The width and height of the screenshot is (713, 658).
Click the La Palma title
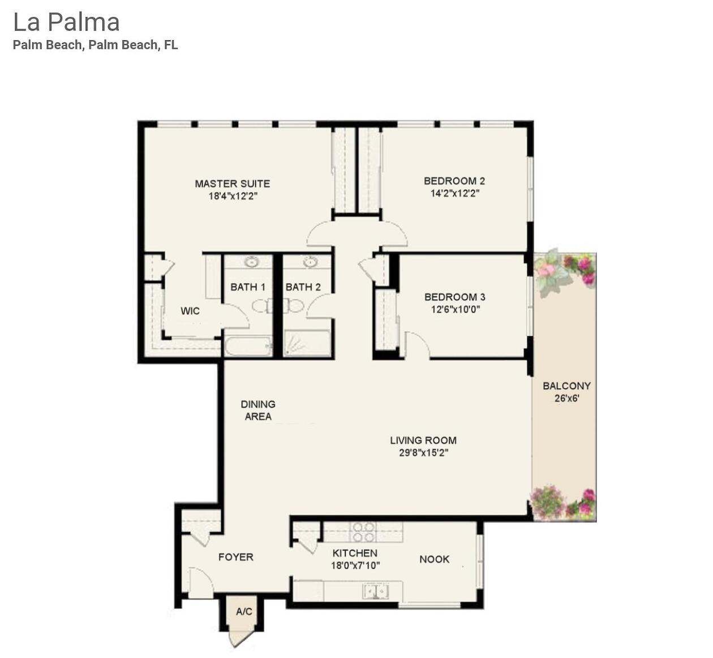click(x=66, y=23)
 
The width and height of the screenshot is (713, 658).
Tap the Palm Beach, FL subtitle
click(x=95, y=45)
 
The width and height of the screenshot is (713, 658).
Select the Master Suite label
click(x=232, y=184)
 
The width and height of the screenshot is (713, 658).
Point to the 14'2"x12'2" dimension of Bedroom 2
click(x=454, y=193)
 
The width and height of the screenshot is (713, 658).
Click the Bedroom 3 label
click(x=454, y=297)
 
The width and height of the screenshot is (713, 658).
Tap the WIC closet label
click(x=190, y=311)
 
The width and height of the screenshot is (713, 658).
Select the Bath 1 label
click(x=248, y=287)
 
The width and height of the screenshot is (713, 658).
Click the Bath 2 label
click(x=303, y=287)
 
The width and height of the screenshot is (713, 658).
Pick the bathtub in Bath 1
click(x=248, y=345)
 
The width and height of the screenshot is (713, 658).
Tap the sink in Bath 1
click(x=251, y=262)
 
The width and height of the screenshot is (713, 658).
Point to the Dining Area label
click(x=258, y=410)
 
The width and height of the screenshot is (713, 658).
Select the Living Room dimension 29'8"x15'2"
click(x=423, y=453)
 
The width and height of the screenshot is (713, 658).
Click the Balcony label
click(x=566, y=386)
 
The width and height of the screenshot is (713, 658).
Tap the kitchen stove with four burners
click(x=363, y=532)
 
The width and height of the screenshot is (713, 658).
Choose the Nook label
click(x=434, y=560)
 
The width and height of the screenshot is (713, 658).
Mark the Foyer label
click(x=236, y=557)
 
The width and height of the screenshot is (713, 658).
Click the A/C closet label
click(x=244, y=612)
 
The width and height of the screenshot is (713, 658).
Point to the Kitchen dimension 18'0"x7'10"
click(x=355, y=565)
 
